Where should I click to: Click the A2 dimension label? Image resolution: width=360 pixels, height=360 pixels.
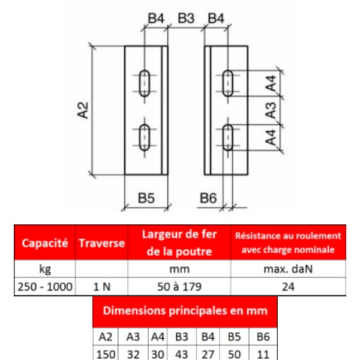click(83, 110)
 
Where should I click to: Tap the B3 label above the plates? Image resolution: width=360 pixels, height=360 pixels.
click(186, 19)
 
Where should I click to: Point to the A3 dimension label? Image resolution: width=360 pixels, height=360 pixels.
click(271, 110)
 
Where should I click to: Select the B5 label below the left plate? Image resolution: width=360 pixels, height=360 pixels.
click(146, 198)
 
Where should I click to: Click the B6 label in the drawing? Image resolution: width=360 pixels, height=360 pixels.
click(208, 198)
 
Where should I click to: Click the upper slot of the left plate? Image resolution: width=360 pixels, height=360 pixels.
click(145, 83)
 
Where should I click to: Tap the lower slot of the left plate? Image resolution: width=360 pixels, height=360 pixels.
click(145, 137)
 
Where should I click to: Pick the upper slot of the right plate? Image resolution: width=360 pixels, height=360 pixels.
click(228, 83)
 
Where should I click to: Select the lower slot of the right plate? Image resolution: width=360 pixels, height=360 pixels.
click(228, 137)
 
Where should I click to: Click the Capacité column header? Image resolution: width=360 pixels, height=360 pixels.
click(45, 243)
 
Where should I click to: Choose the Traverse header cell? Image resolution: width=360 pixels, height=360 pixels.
click(102, 243)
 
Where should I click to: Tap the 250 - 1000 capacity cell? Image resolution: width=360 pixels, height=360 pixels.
click(45, 287)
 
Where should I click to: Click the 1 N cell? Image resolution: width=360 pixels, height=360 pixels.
click(102, 287)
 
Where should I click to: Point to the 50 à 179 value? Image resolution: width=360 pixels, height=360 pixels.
click(179, 287)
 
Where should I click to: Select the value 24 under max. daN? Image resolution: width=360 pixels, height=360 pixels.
click(288, 287)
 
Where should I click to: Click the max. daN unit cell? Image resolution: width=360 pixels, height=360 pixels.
click(288, 269)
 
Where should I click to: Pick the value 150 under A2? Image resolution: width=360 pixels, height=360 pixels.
click(106, 354)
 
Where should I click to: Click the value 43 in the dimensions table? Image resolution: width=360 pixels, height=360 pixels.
click(182, 354)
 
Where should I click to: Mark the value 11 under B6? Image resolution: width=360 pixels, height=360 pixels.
click(263, 354)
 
